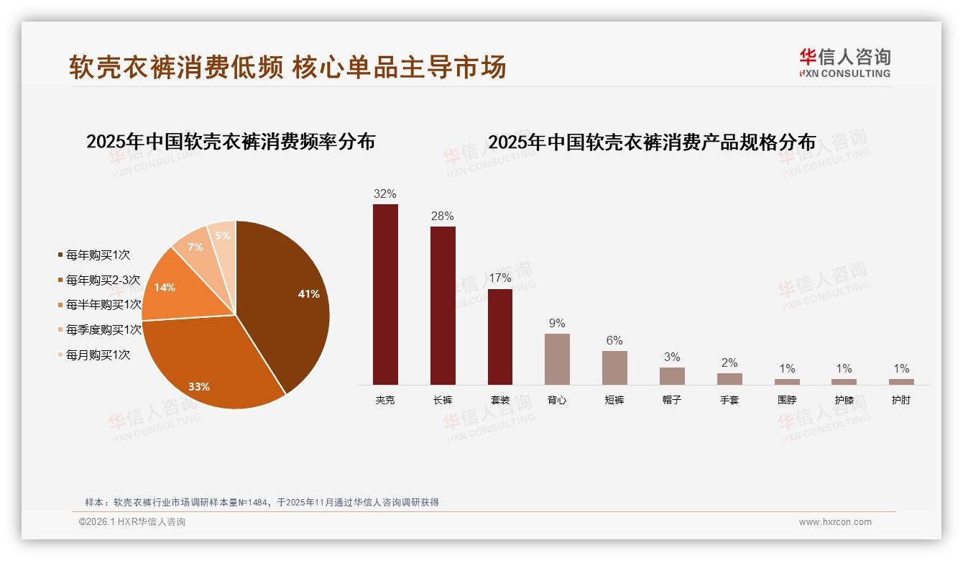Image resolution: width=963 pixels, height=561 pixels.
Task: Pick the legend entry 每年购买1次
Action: click(x=98, y=255)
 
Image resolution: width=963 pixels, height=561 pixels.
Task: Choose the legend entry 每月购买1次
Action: click(x=98, y=355)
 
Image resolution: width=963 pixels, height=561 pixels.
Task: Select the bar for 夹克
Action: click(x=385, y=295)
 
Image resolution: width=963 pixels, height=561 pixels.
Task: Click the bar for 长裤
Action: click(x=443, y=306)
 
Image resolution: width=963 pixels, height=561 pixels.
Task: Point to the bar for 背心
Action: click(x=557, y=359)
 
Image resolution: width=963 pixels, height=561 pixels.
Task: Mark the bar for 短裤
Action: click(x=614, y=368)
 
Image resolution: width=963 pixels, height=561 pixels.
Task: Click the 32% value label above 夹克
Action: click(x=385, y=194)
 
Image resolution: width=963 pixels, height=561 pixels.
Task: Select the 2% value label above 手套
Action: click(x=729, y=363)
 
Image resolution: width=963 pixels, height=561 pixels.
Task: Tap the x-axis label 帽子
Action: click(x=672, y=400)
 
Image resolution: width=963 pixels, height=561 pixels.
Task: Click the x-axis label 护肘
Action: click(x=901, y=400)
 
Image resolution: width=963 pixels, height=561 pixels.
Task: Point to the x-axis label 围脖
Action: click(x=787, y=400)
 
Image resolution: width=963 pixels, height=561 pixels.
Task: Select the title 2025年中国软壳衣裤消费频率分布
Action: click(x=231, y=142)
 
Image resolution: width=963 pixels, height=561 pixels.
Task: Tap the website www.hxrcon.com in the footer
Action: click(x=835, y=522)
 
